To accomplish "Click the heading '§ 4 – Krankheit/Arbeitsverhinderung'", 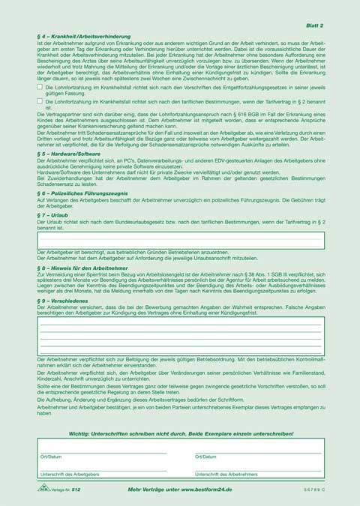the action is (x=84, y=36).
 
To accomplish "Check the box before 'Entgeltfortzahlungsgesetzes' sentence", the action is (x=40, y=88).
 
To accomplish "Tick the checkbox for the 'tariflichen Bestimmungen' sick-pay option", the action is (x=40, y=100).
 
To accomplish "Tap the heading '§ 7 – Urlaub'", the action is (x=54, y=214).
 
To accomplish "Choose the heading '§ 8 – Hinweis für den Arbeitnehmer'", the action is (x=82, y=267).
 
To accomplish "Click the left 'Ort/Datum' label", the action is (x=51, y=456).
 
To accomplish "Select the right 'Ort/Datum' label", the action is (x=205, y=456).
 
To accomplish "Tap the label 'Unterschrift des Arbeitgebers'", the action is (x=70, y=475).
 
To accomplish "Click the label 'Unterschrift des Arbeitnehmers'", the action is (x=226, y=475).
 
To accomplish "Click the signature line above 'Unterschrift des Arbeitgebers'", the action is (x=102, y=470).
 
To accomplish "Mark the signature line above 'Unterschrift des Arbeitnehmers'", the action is (x=257, y=470).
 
